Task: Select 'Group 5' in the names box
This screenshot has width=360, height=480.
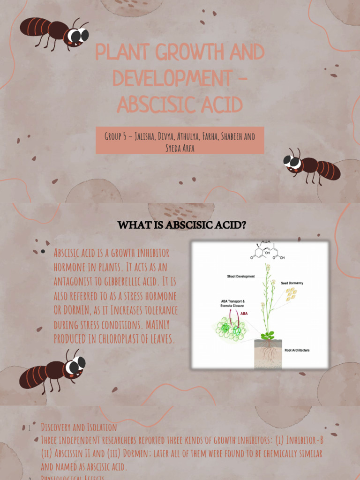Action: [117, 136]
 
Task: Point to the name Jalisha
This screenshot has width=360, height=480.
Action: [148, 136]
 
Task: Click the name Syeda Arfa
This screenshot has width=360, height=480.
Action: [180, 148]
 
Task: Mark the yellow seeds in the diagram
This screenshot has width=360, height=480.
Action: [291, 294]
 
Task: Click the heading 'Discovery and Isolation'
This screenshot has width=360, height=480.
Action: [79, 427]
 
